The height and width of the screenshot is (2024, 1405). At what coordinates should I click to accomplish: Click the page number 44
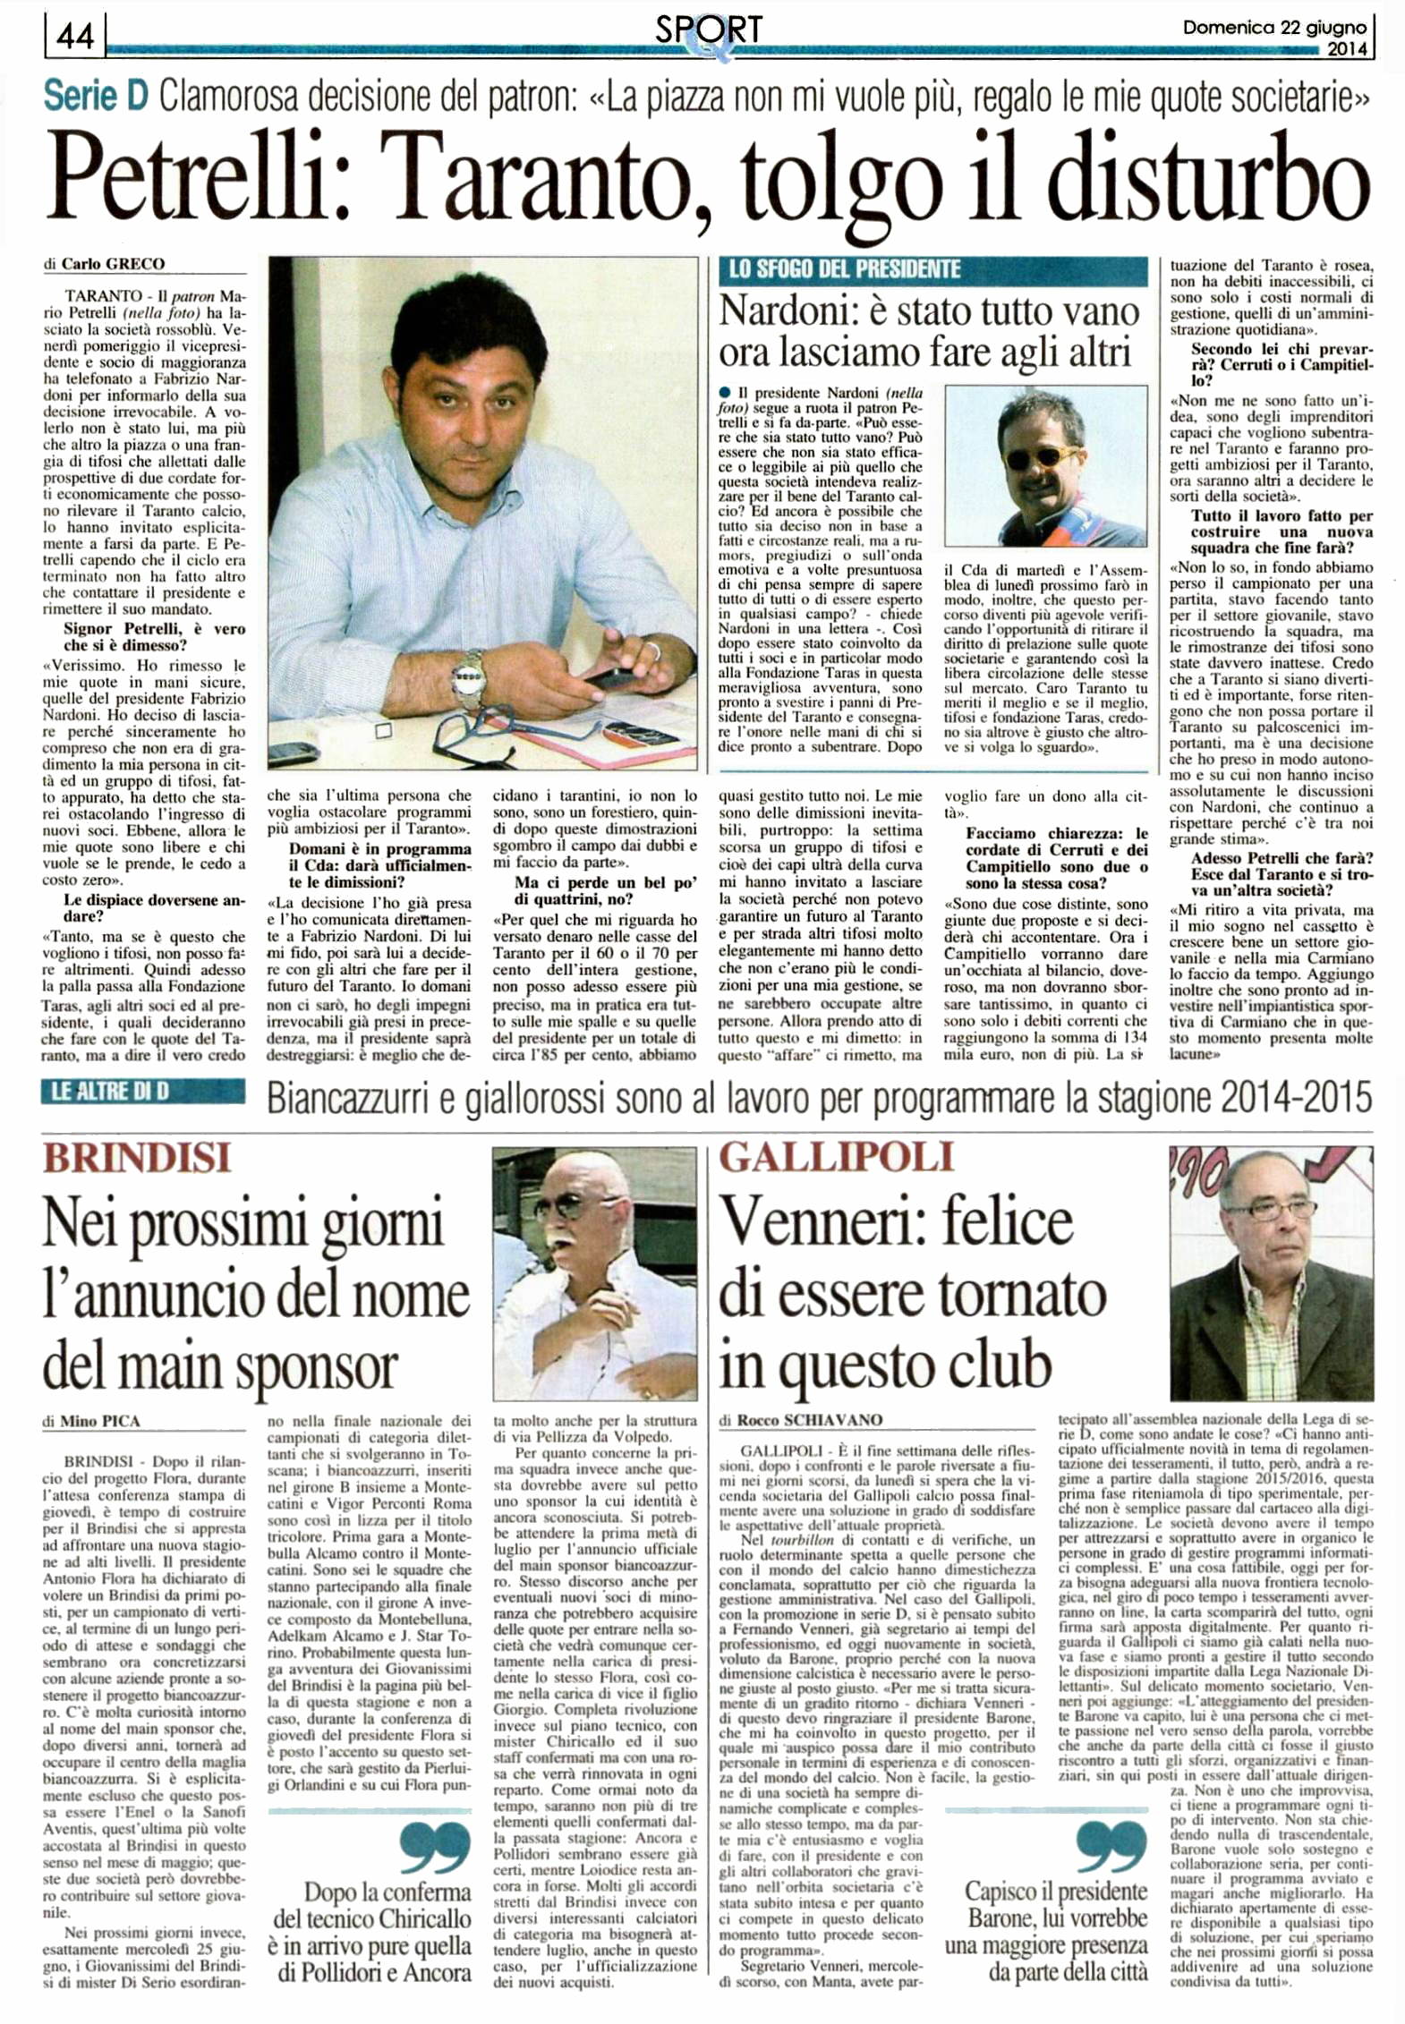(x=75, y=35)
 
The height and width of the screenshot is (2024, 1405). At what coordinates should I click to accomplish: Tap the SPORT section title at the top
(x=708, y=30)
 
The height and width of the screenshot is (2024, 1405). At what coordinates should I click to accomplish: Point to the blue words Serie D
(x=95, y=96)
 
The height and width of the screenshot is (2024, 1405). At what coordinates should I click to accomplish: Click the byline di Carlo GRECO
(x=105, y=264)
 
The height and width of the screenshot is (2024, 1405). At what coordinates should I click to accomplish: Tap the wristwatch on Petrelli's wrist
(x=468, y=676)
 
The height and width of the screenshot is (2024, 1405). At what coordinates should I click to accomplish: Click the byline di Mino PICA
(x=91, y=1421)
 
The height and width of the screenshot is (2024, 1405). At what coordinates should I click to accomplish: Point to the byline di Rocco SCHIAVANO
(x=801, y=1420)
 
